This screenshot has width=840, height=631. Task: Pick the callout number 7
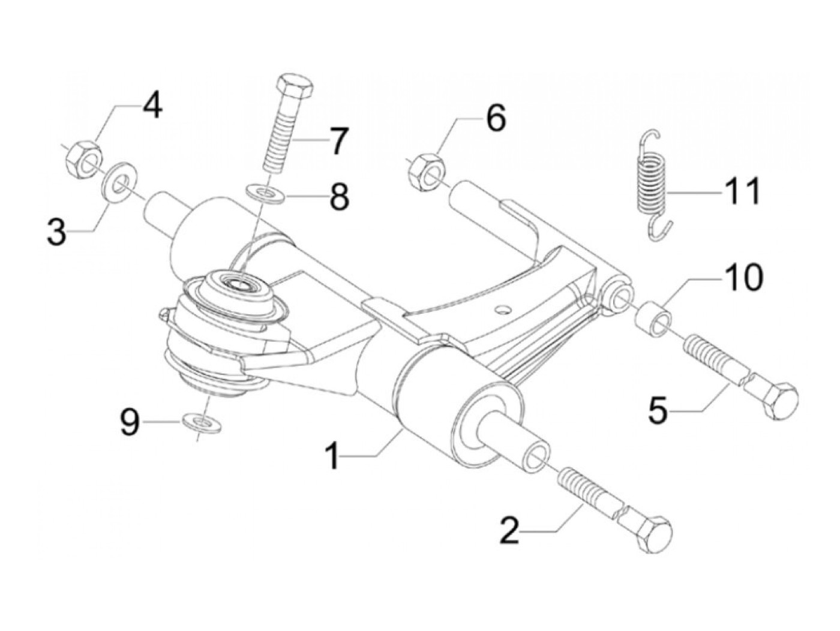click(337, 142)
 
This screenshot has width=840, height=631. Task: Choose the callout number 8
click(339, 196)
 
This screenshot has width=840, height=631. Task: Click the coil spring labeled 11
click(651, 183)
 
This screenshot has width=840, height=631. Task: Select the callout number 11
click(742, 191)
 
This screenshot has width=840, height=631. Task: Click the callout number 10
click(744, 277)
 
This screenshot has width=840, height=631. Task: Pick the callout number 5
click(658, 411)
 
